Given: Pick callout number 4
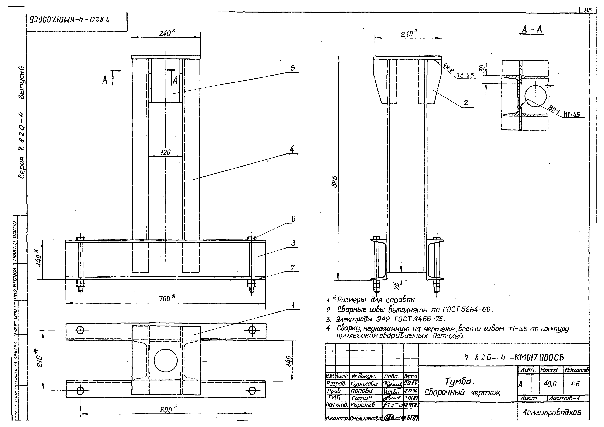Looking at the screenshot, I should [x=292, y=149].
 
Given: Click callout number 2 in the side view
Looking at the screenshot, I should [x=466, y=103].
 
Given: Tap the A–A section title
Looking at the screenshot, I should [x=532, y=30].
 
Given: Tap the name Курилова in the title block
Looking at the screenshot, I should [x=364, y=384].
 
